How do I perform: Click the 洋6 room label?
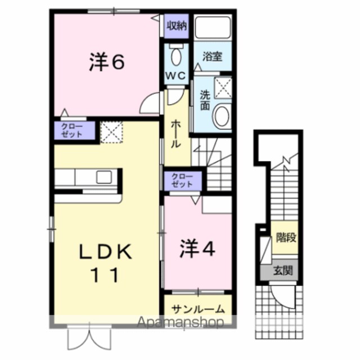pos(107,62)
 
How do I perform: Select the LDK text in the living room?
pos(105,251)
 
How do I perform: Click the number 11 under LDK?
pos(105,275)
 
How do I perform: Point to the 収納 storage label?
pos(177,26)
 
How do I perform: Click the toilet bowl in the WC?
pos(176,57)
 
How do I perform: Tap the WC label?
pos(176,75)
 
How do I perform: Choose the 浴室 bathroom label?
pos(213,56)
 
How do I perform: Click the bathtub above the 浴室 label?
pos(213,28)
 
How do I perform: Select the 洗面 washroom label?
pos(205,100)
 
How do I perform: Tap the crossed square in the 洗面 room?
pos(223,88)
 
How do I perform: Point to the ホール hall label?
pos(176,134)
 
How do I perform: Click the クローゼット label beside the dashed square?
pos(72,130)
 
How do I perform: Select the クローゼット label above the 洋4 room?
pos(182,181)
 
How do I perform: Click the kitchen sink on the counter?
pos(103,177)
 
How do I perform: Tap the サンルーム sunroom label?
pos(197,309)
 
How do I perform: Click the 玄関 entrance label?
pos(283,271)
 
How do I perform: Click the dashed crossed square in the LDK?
pos(112,132)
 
